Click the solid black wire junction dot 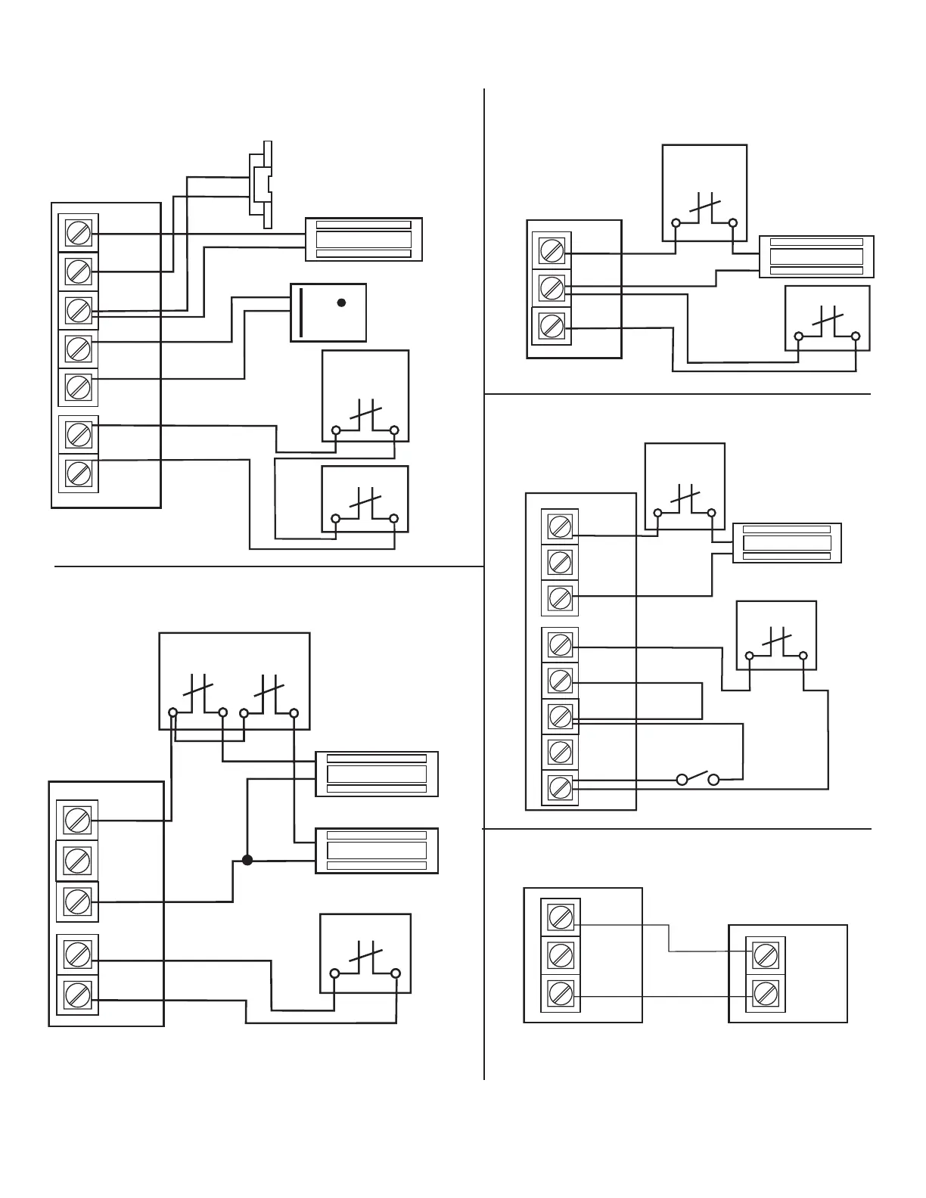coord(247,860)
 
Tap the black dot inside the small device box coord(341,303)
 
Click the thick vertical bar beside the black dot coord(301,312)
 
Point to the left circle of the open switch coord(682,779)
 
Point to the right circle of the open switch coord(713,779)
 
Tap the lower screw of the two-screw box coord(766,993)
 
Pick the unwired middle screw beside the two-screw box coord(561,955)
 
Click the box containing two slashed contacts coord(234,681)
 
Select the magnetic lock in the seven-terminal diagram coord(363,240)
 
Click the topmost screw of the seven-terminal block coord(78,232)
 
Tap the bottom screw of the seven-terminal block coord(78,473)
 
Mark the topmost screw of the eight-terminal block coord(560,526)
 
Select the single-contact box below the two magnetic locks coord(365,953)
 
